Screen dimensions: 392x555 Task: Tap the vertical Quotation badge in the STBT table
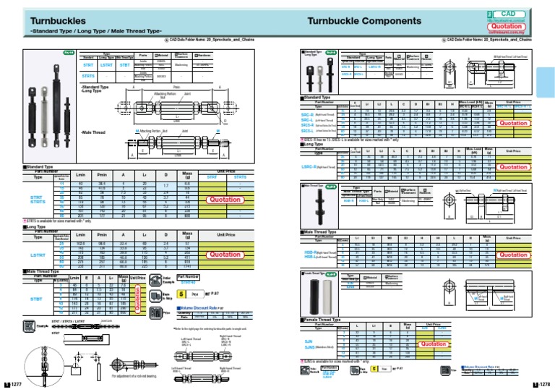pos(137,297)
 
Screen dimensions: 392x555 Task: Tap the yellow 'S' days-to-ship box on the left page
pos(181,295)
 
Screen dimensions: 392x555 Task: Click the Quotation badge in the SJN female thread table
pos(434,344)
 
